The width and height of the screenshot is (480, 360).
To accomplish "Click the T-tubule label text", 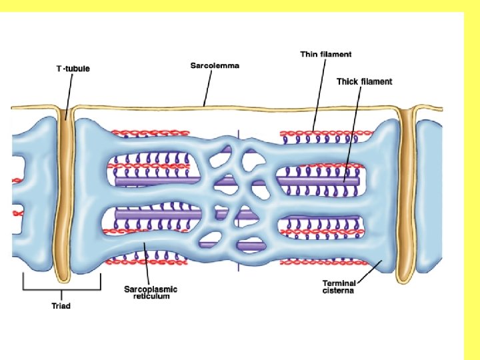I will (x=73, y=69).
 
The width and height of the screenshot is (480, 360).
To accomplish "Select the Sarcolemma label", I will (x=215, y=65).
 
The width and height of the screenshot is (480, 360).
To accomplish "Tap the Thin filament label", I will (x=325, y=54).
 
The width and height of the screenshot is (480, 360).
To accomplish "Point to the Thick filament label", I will (x=364, y=82).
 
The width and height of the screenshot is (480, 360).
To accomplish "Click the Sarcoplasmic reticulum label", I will (x=151, y=292).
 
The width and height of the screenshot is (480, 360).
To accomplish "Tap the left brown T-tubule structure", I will (x=66, y=200).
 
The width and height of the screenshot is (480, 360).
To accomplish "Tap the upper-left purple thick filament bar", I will (x=157, y=181).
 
